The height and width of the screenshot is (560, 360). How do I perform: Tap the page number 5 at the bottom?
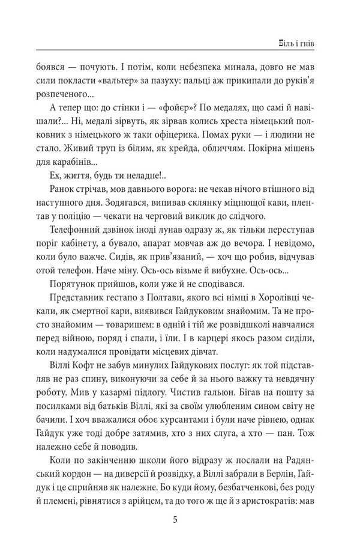pos(175,520)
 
